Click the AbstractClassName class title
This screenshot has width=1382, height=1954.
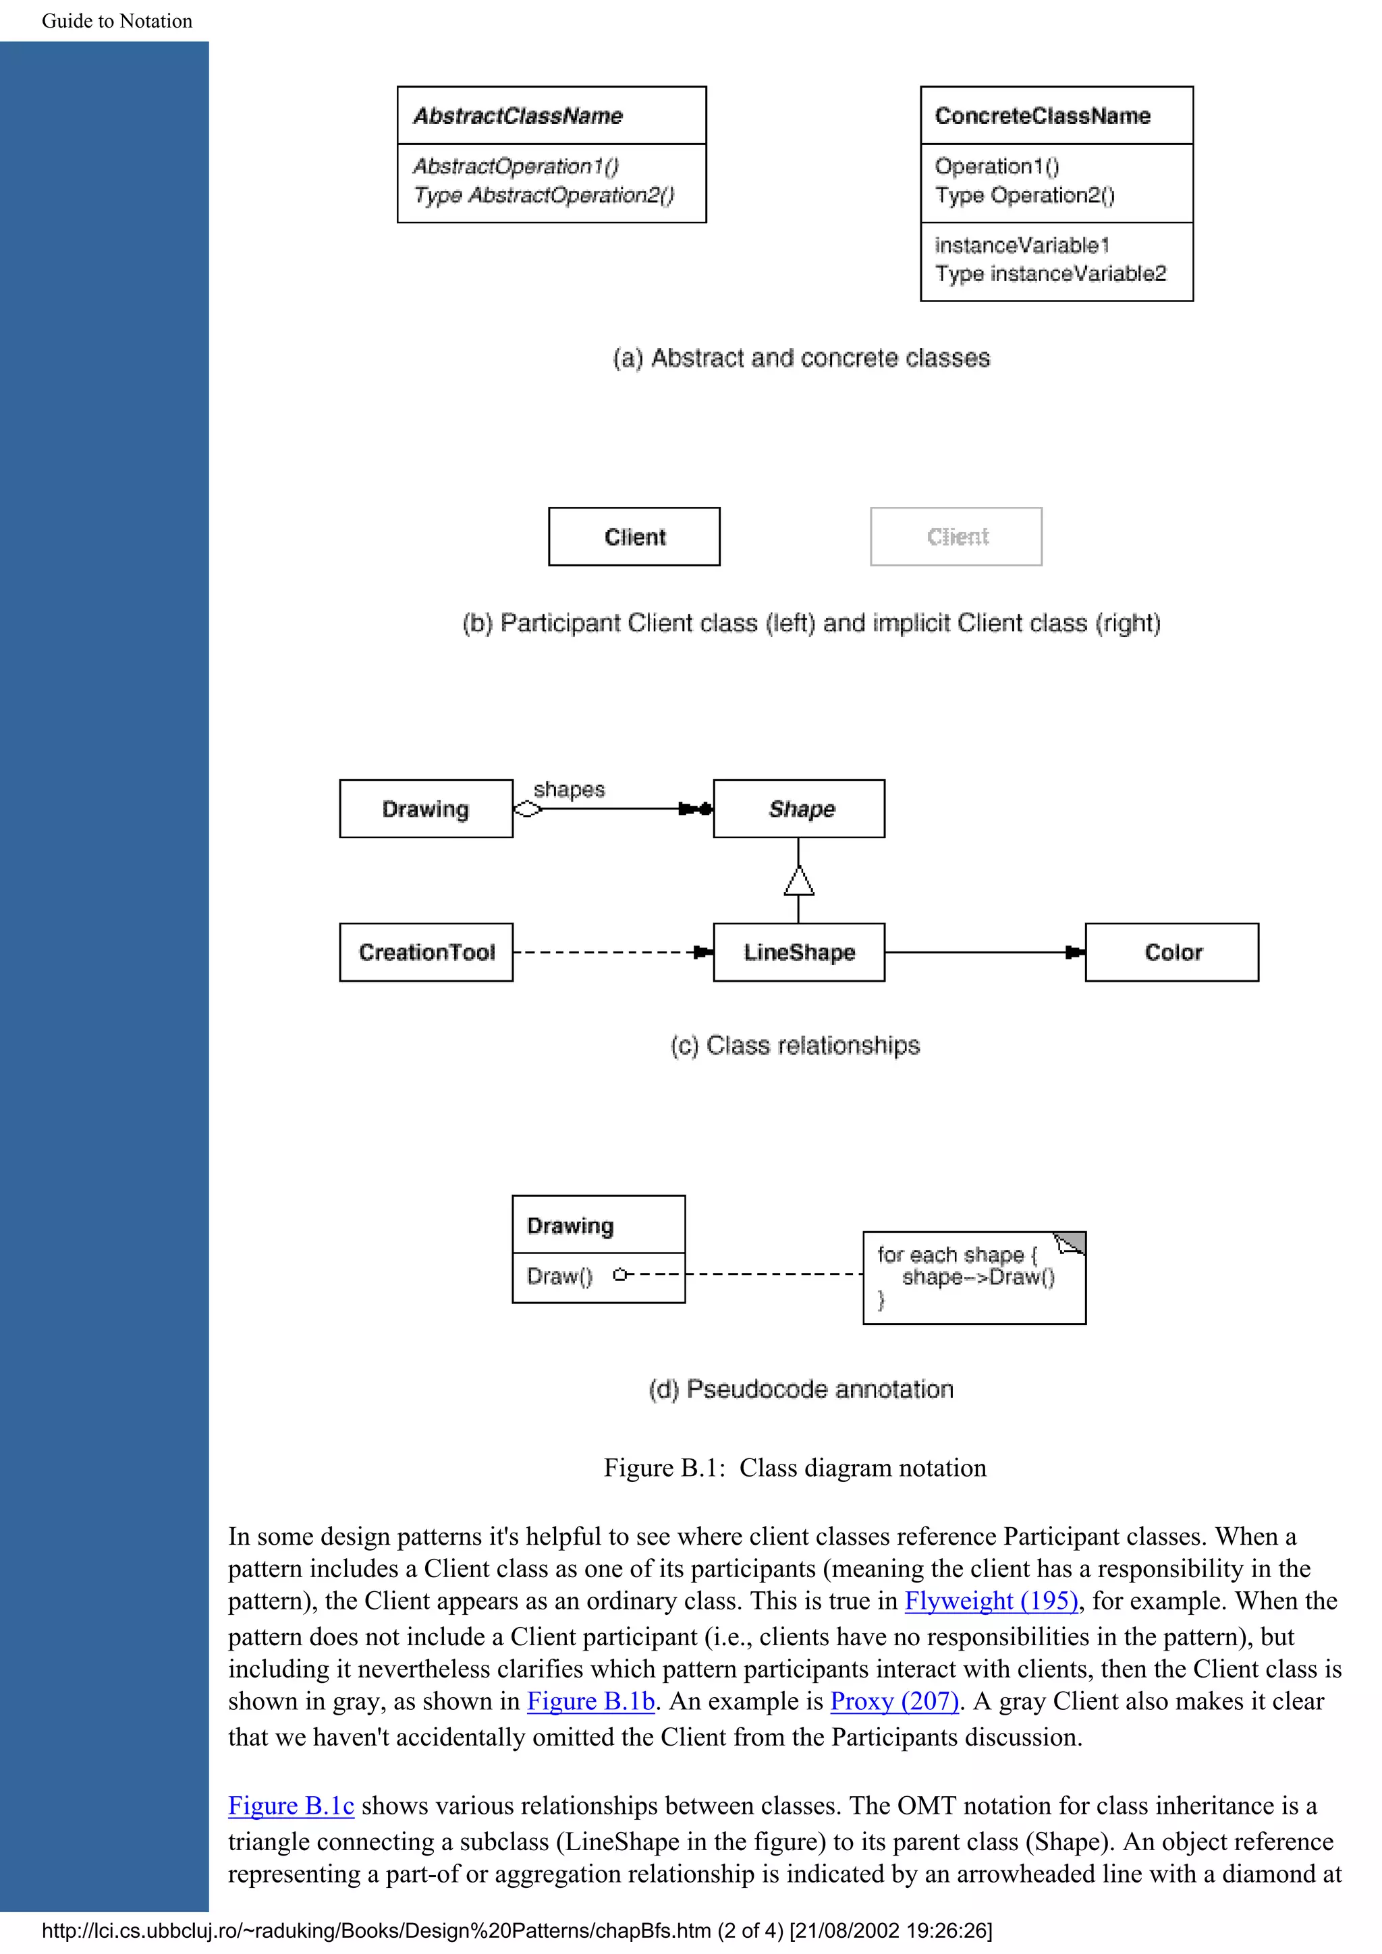pyautogui.click(x=518, y=116)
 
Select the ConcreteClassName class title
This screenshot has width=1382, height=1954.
pyautogui.click(x=1043, y=116)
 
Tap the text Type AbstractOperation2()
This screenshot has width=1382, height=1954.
pyautogui.click(x=543, y=196)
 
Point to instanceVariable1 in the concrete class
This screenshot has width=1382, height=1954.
pyautogui.click(x=1022, y=245)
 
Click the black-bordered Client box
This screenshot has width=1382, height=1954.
pyautogui.click(x=634, y=537)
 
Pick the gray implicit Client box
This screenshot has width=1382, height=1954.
pyautogui.click(x=956, y=537)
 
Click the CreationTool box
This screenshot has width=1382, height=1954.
pyautogui.click(x=426, y=952)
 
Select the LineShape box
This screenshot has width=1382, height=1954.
pyautogui.click(x=799, y=952)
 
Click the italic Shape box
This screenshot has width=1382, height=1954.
pyautogui.click(x=799, y=808)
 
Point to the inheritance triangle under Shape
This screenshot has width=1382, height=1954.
pyautogui.click(x=799, y=882)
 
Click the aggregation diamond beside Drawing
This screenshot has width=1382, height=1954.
pyautogui.click(x=528, y=808)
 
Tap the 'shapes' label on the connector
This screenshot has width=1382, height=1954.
pyautogui.click(x=569, y=789)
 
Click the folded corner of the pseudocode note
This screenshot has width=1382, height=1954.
pyautogui.click(x=1070, y=1244)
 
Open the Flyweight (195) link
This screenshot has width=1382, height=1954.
pyautogui.click(x=991, y=1601)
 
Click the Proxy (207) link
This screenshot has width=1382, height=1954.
pyautogui.click(x=894, y=1701)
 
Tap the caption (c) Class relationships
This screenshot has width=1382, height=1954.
pyautogui.click(x=796, y=1045)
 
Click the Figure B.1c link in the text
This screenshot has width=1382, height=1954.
pyautogui.click(x=290, y=1806)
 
